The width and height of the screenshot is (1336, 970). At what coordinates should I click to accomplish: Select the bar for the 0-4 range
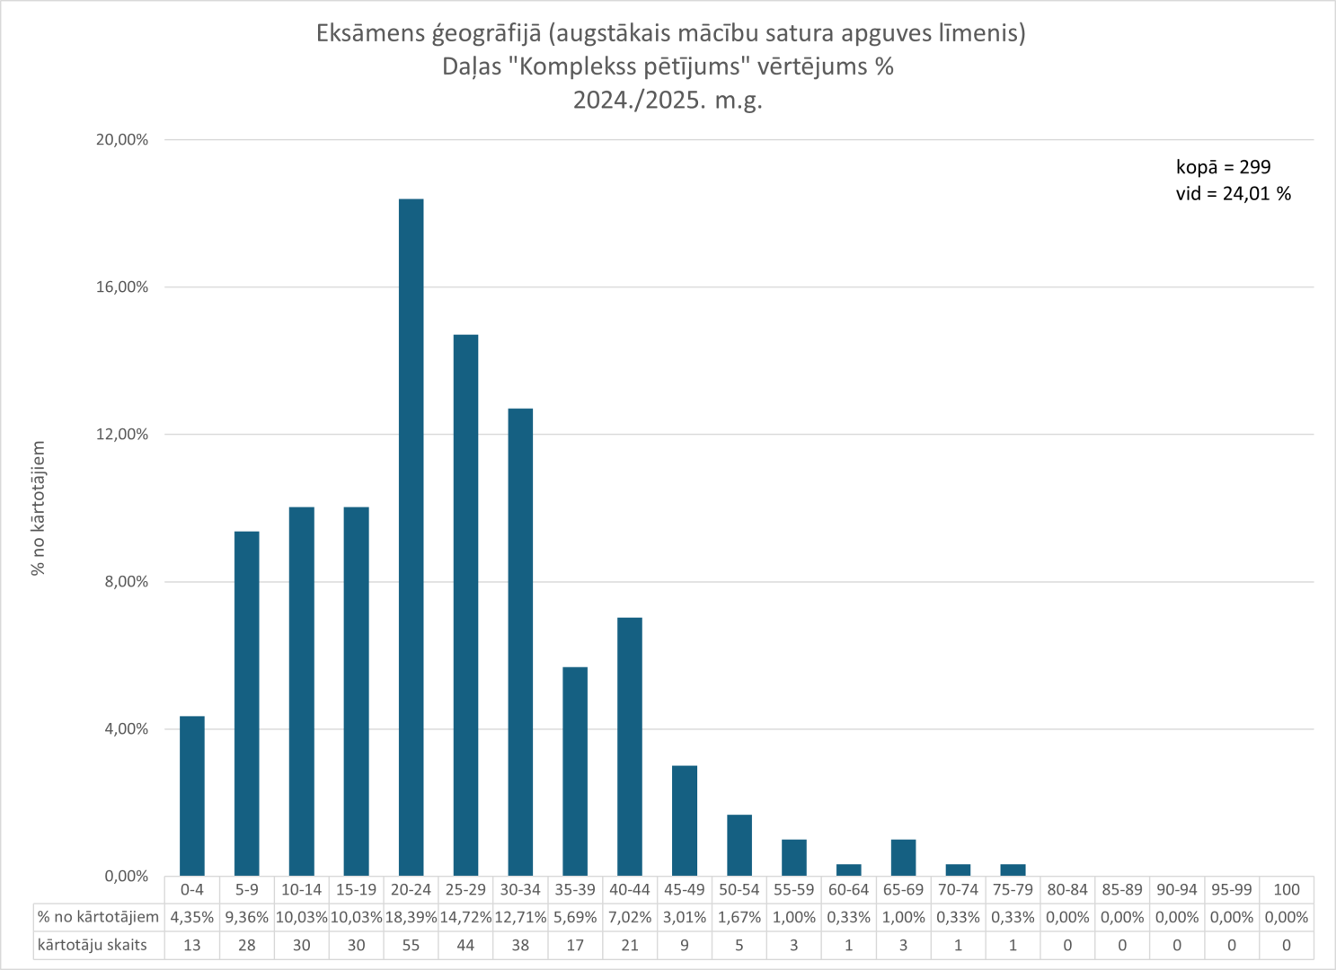[x=192, y=796]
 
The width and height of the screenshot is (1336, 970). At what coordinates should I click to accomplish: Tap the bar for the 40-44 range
[x=630, y=746]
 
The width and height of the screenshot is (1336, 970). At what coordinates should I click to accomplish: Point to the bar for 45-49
[x=685, y=821]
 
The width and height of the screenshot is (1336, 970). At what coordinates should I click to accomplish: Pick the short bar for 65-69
[x=903, y=858]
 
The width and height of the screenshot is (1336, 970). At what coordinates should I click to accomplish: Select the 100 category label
[x=1287, y=889]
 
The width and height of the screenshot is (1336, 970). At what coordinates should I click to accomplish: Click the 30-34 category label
[x=520, y=889]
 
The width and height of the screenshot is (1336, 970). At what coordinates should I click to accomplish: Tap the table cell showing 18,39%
[x=411, y=917]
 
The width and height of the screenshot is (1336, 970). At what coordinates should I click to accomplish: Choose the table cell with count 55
[x=411, y=945]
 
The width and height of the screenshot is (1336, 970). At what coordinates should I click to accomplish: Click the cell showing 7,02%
[x=630, y=917]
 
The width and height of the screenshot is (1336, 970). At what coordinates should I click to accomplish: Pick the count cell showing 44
[x=465, y=945]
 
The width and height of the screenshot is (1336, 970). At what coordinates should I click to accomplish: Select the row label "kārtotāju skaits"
[x=92, y=945]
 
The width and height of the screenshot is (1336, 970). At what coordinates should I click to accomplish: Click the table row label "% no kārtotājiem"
[x=98, y=917]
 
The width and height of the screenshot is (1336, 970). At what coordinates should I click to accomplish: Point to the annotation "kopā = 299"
[x=1223, y=167]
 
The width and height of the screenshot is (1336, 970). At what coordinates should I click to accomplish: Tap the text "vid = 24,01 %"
[x=1233, y=194]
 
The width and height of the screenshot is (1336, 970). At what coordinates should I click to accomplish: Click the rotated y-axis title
[x=39, y=508]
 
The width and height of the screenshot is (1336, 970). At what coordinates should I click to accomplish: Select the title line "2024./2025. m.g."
[x=668, y=100]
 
